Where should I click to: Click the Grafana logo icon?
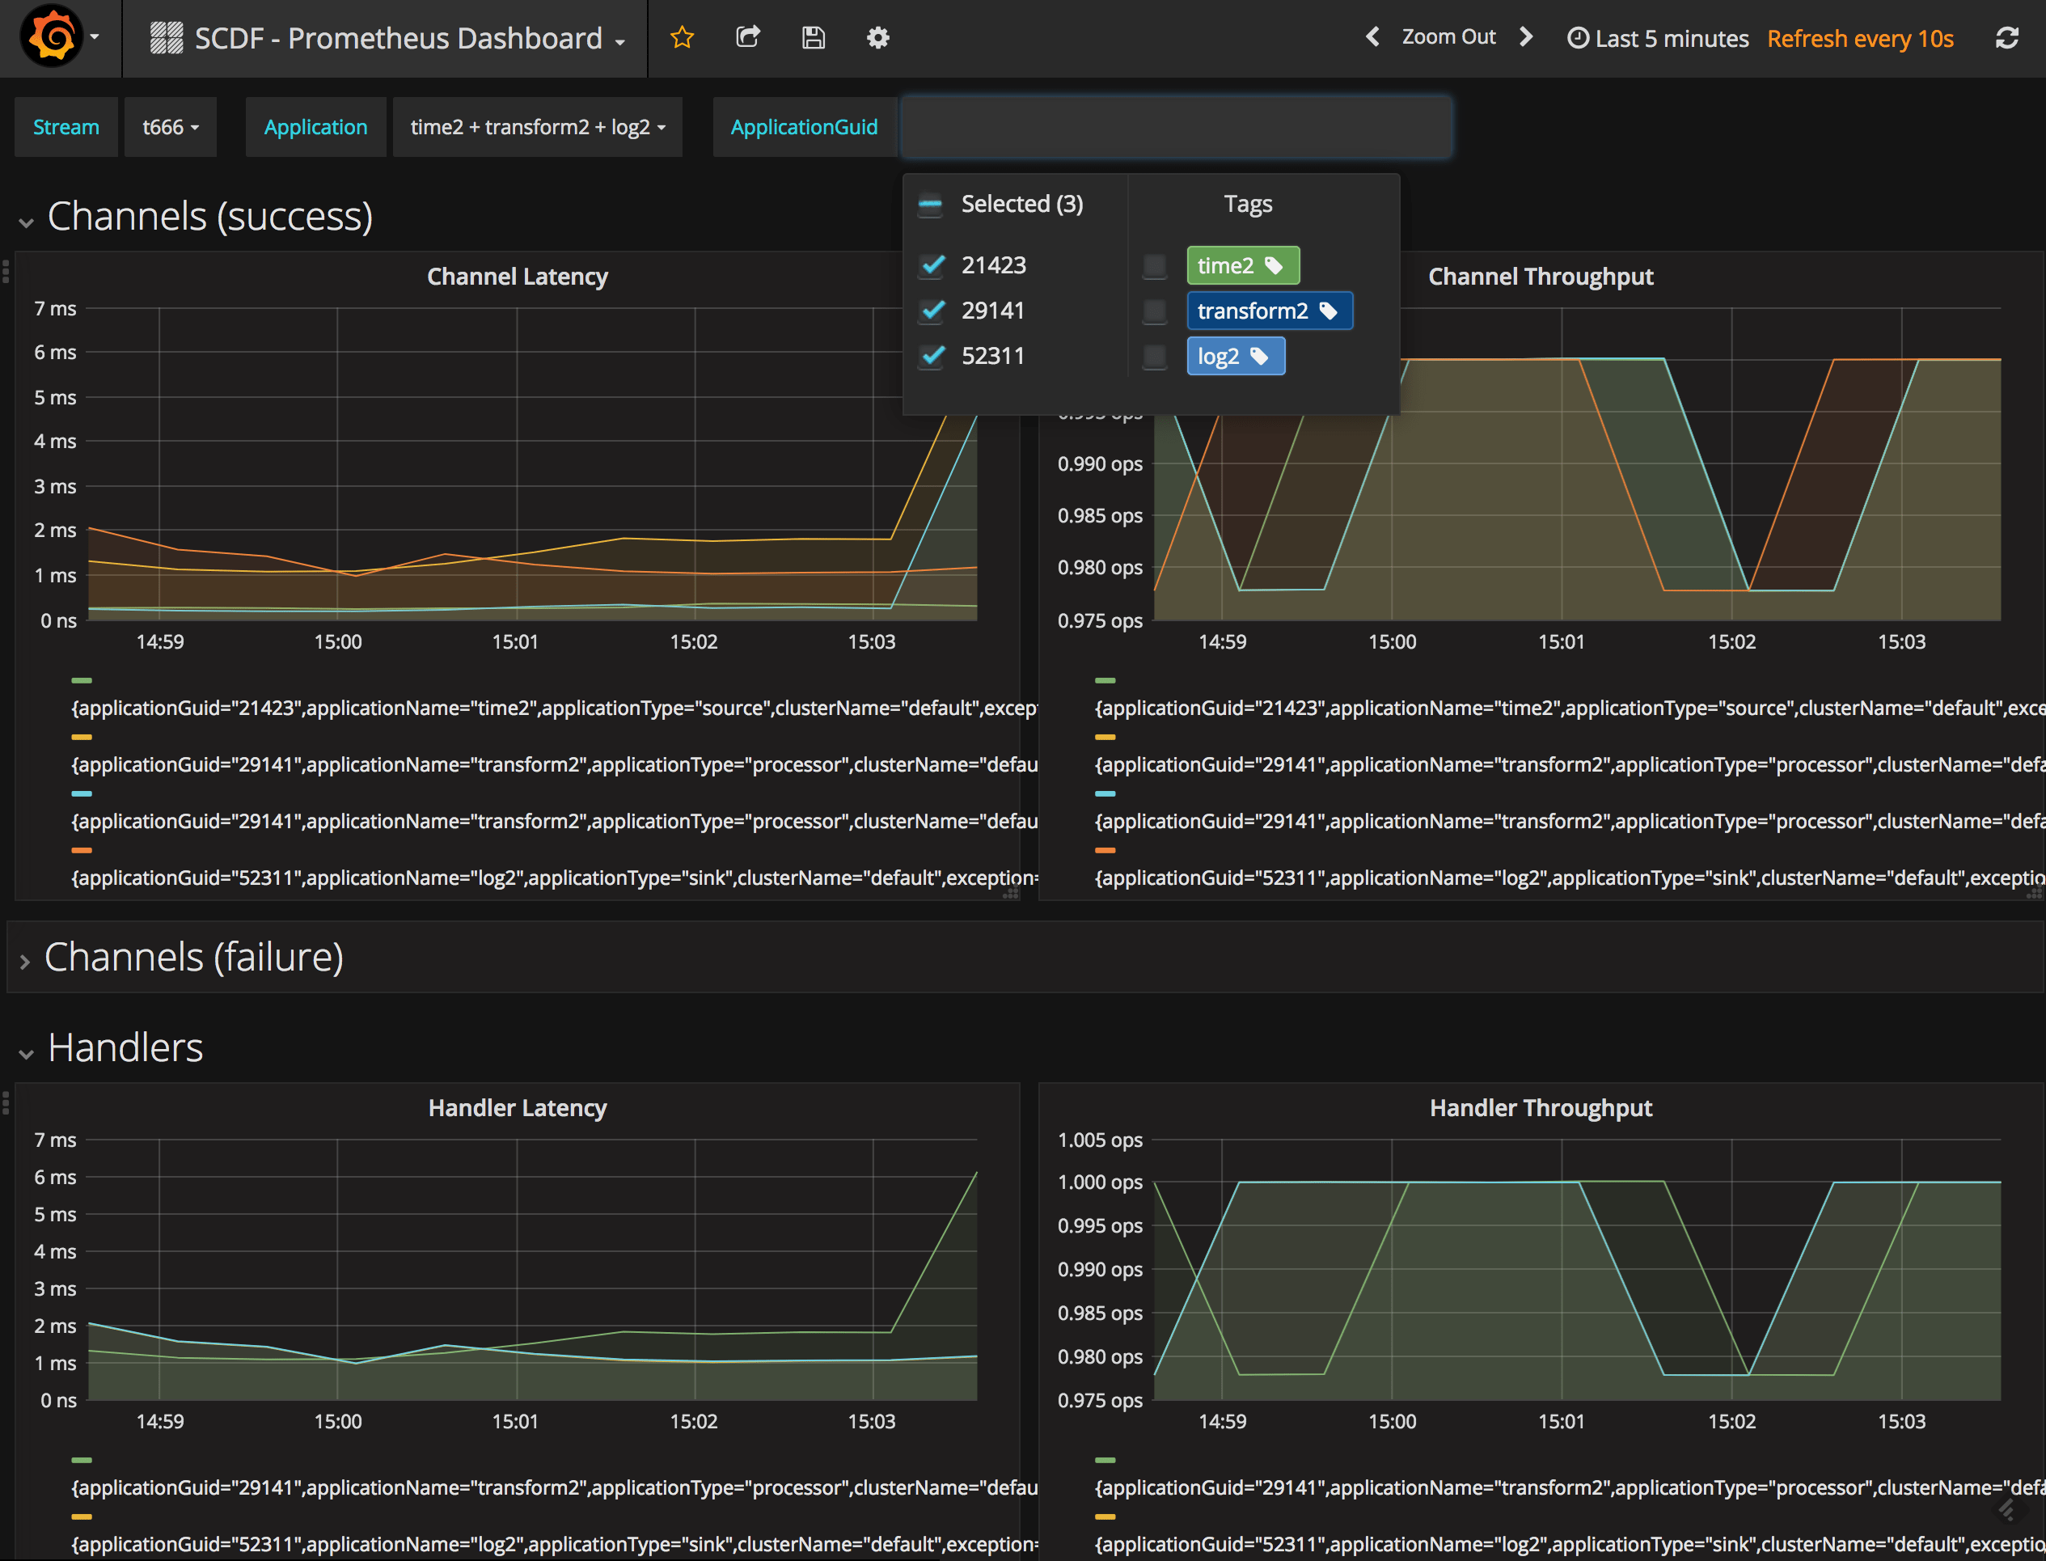(52, 37)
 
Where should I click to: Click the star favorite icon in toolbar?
(682, 37)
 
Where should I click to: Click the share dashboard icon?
(748, 37)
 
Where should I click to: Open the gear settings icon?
(878, 37)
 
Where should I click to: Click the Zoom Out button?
(1448, 37)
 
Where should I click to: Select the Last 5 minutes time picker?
(1658, 38)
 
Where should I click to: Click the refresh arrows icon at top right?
(2007, 38)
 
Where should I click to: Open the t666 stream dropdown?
(170, 127)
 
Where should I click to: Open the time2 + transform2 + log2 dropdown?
(537, 127)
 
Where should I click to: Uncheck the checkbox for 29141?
(933, 311)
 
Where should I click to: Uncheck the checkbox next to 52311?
(933, 356)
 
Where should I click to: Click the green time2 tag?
(1241, 266)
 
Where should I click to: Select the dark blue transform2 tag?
(1268, 311)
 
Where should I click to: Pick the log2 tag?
(1235, 357)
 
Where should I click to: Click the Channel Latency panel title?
(517, 277)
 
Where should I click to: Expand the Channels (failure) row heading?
(193, 957)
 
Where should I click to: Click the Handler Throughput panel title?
(1540, 1107)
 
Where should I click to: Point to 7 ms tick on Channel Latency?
(55, 308)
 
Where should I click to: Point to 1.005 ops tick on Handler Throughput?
(1099, 1140)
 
